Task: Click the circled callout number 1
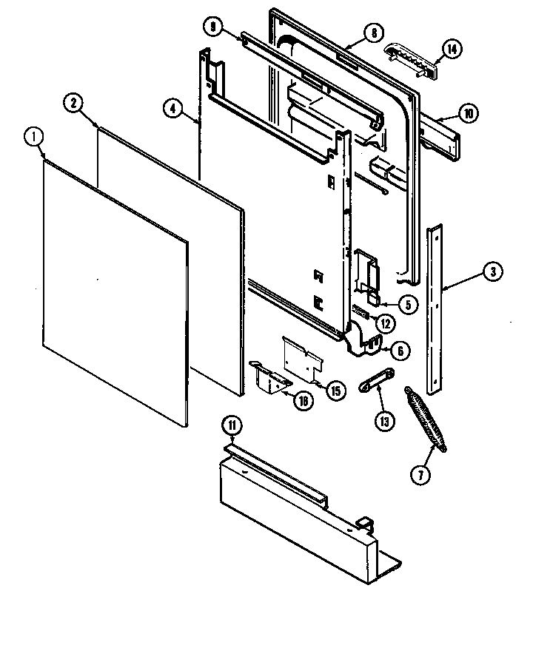click(x=34, y=138)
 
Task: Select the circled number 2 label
click(x=73, y=104)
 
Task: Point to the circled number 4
click(x=172, y=108)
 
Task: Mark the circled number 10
click(x=469, y=114)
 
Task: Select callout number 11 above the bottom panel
click(x=232, y=425)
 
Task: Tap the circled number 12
click(x=384, y=323)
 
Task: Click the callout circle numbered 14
click(x=451, y=50)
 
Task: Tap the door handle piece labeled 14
click(x=411, y=58)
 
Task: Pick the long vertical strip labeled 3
click(x=435, y=311)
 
